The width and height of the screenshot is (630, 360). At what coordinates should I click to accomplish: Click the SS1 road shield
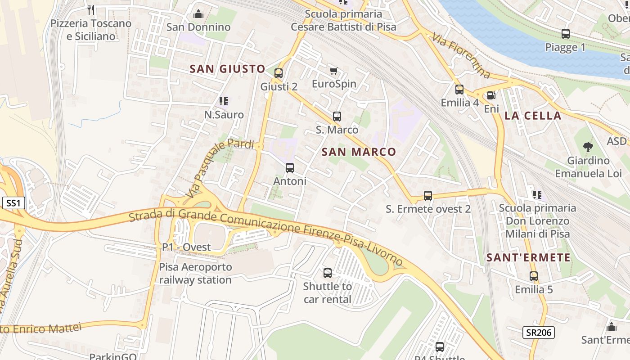pos(13,203)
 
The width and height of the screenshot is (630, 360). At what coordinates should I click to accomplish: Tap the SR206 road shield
pos(538,333)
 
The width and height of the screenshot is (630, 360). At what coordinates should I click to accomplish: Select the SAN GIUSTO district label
pos(227,69)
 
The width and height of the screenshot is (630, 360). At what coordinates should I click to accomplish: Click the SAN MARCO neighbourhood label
pos(359,152)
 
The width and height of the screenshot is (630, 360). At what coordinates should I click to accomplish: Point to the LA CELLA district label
pos(533,116)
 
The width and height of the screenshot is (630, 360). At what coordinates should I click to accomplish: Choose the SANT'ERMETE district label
pos(528,258)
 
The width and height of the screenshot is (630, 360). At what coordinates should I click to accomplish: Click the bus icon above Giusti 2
pos(279,73)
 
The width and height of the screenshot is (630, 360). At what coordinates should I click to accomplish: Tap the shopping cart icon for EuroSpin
pos(333,71)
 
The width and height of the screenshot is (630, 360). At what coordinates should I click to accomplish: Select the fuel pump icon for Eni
pos(492,95)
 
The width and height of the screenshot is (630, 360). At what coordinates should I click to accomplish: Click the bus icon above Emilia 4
pos(459,89)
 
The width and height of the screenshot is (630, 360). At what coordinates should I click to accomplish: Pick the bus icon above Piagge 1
pos(566,34)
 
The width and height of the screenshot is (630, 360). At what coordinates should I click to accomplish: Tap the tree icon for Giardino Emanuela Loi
pos(588,147)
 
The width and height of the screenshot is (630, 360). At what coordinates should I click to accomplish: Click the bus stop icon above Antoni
pos(290,168)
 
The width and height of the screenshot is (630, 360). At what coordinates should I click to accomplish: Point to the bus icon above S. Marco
pos(337,117)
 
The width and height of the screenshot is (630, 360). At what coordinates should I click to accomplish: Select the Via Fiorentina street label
pos(461,55)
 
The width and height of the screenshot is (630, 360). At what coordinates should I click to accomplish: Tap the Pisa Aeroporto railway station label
pos(195,273)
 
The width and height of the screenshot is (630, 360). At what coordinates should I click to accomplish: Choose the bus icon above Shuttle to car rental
pos(328,273)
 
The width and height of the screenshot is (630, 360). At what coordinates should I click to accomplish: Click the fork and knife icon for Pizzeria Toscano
pos(91,10)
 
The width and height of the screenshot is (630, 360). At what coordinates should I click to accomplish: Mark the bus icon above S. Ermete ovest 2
pos(428,196)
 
